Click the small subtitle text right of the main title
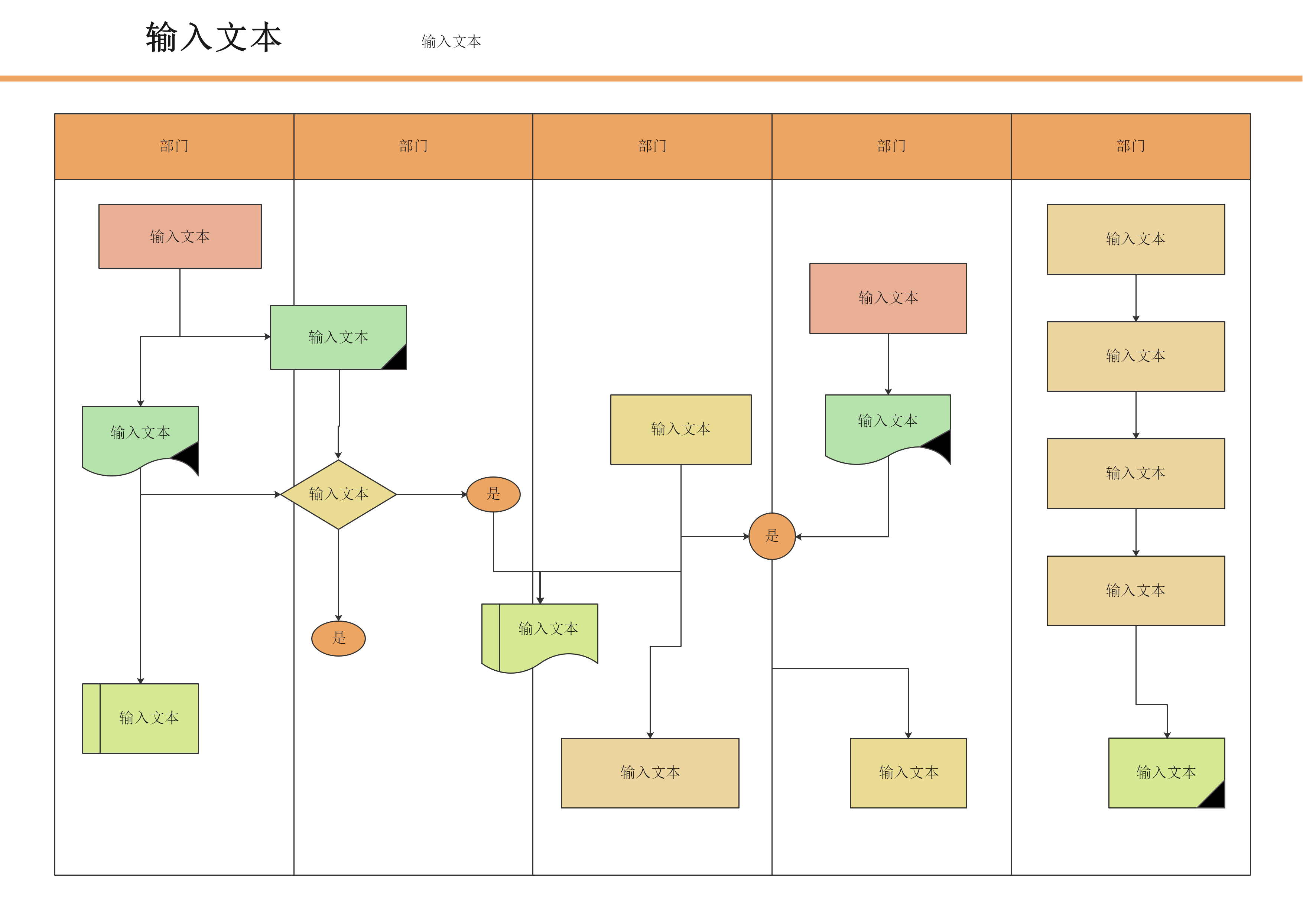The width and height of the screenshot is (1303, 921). tap(451, 42)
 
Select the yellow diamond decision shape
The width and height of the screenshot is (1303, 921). tap(338, 494)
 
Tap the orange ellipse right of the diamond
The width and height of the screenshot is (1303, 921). tap(493, 494)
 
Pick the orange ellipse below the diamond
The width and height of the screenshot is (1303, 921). tap(338, 638)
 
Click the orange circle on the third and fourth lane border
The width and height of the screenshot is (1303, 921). tap(772, 536)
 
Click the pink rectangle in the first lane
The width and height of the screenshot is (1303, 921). tap(180, 236)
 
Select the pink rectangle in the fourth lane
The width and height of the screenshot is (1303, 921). tap(888, 298)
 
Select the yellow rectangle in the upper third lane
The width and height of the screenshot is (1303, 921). tap(680, 430)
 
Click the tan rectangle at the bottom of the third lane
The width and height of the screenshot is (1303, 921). tap(650, 773)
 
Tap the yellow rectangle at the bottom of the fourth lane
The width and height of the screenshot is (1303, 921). tap(908, 773)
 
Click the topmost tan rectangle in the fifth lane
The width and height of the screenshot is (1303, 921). tap(1135, 239)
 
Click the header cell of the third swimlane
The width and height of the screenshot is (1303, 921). tap(652, 146)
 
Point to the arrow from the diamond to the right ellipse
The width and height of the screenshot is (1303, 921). tap(431, 494)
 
